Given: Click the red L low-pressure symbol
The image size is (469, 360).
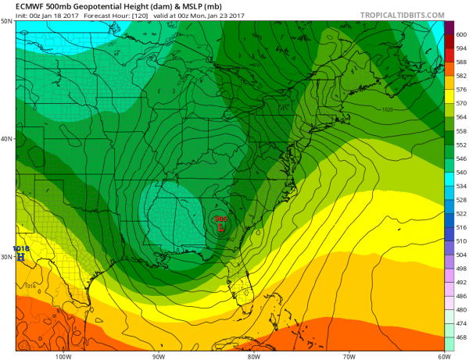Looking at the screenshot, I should coord(221,229).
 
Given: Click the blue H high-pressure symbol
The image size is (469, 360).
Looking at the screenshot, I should coord(21,256).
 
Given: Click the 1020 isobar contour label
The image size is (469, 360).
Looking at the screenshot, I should coord(388,110).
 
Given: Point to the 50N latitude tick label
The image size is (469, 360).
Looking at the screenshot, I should coord(6,22).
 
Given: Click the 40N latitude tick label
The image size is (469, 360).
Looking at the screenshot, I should coord(6,139).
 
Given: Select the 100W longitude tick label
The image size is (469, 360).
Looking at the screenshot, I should coord(64,355).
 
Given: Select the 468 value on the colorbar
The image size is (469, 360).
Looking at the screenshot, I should coord(460,337).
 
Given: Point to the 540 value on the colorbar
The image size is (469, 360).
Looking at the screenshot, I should coord(460,172).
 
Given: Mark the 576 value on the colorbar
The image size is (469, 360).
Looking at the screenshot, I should coord(460,90).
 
